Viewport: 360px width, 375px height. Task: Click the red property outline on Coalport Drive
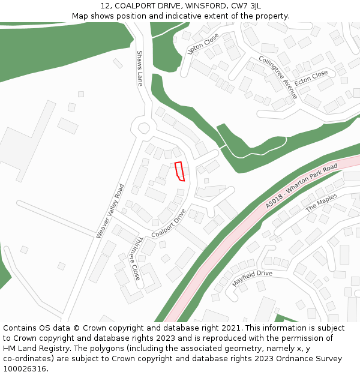tap(179, 171)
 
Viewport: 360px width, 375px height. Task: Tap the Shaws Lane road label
tap(140, 68)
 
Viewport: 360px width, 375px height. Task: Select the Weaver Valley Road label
tap(110, 211)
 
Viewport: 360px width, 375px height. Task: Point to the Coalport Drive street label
tap(169, 223)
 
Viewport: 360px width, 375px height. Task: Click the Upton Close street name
tap(203, 43)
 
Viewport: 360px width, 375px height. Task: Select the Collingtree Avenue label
tap(278, 77)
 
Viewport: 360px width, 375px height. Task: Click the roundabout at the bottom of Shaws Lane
tap(144, 128)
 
